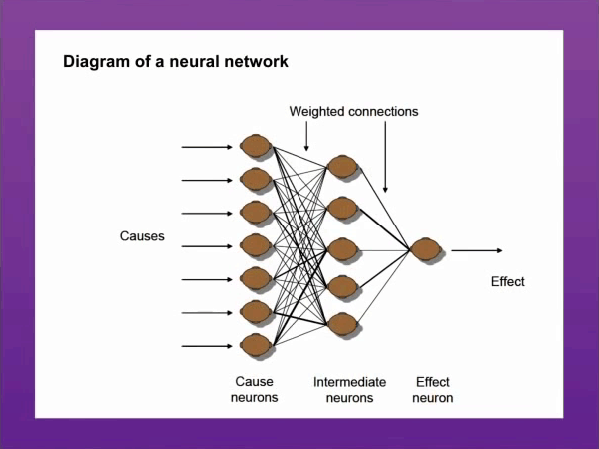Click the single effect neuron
pyautogui.click(x=426, y=249)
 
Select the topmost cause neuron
pyautogui.click(x=256, y=146)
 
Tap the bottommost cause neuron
pyautogui.click(x=256, y=345)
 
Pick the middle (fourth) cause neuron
pyautogui.click(x=256, y=245)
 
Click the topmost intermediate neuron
pyautogui.click(x=343, y=166)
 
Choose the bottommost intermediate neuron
pyautogui.click(x=343, y=324)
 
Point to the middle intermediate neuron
pyautogui.click(x=343, y=249)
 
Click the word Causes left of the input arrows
pyautogui.click(x=142, y=236)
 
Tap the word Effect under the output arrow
pyautogui.click(x=508, y=281)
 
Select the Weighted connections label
pyautogui.click(x=353, y=111)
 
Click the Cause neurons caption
pyautogui.click(x=254, y=389)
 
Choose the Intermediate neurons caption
pyautogui.click(x=350, y=390)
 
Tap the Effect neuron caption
pyautogui.click(x=433, y=390)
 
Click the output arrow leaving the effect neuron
pyautogui.click(x=477, y=250)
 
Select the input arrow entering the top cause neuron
pyautogui.click(x=207, y=147)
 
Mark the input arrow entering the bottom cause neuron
pyautogui.click(x=207, y=346)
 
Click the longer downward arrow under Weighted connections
pyautogui.click(x=385, y=157)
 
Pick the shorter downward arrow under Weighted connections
pyautogui.click(x=306, y=136)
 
